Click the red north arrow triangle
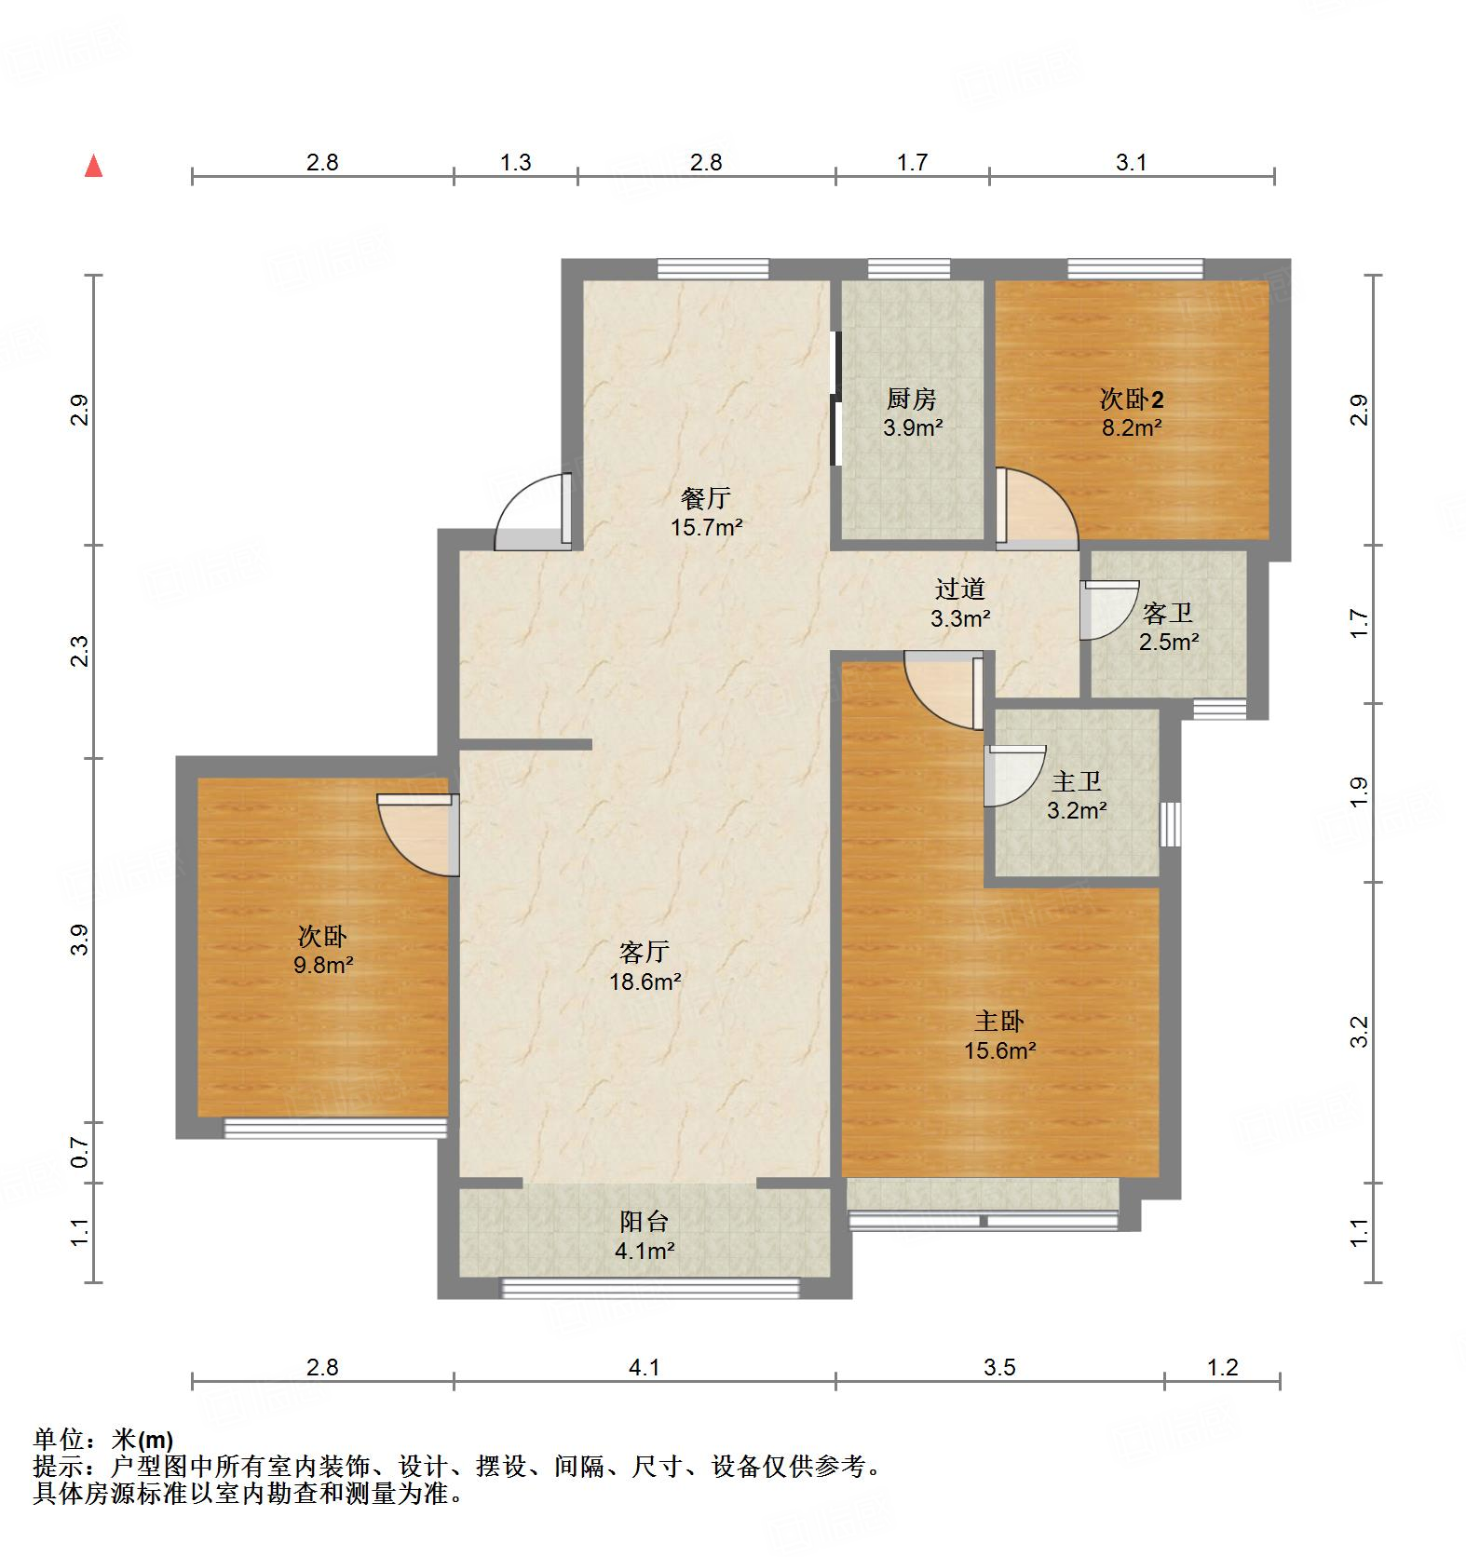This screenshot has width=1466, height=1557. click(x=93, y=167)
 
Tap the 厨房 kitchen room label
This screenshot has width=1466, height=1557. click(x=911, y=399)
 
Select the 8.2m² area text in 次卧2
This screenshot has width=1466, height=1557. click(x=1131, y=428)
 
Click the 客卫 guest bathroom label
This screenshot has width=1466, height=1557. click(x=1167, y=614)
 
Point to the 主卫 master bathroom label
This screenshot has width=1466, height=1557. click(x=1076, y=781)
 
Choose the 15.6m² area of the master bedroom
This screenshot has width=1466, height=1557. click(x=1000, y=1050)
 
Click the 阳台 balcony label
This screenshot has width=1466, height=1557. click(x=644, y=1221)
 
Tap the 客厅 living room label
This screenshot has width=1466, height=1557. click(x=644, y=952)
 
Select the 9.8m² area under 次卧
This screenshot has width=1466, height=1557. click(x=322, y=965)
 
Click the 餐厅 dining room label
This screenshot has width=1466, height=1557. click(x=705, y=499)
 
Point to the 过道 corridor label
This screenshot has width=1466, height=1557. click(x=959, y=589)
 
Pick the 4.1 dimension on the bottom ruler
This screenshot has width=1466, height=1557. click(x=644, y=1367)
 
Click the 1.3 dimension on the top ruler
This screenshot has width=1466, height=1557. click(x=515, y=163)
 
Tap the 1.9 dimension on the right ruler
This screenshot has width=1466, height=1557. click(x=1359, y=791)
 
